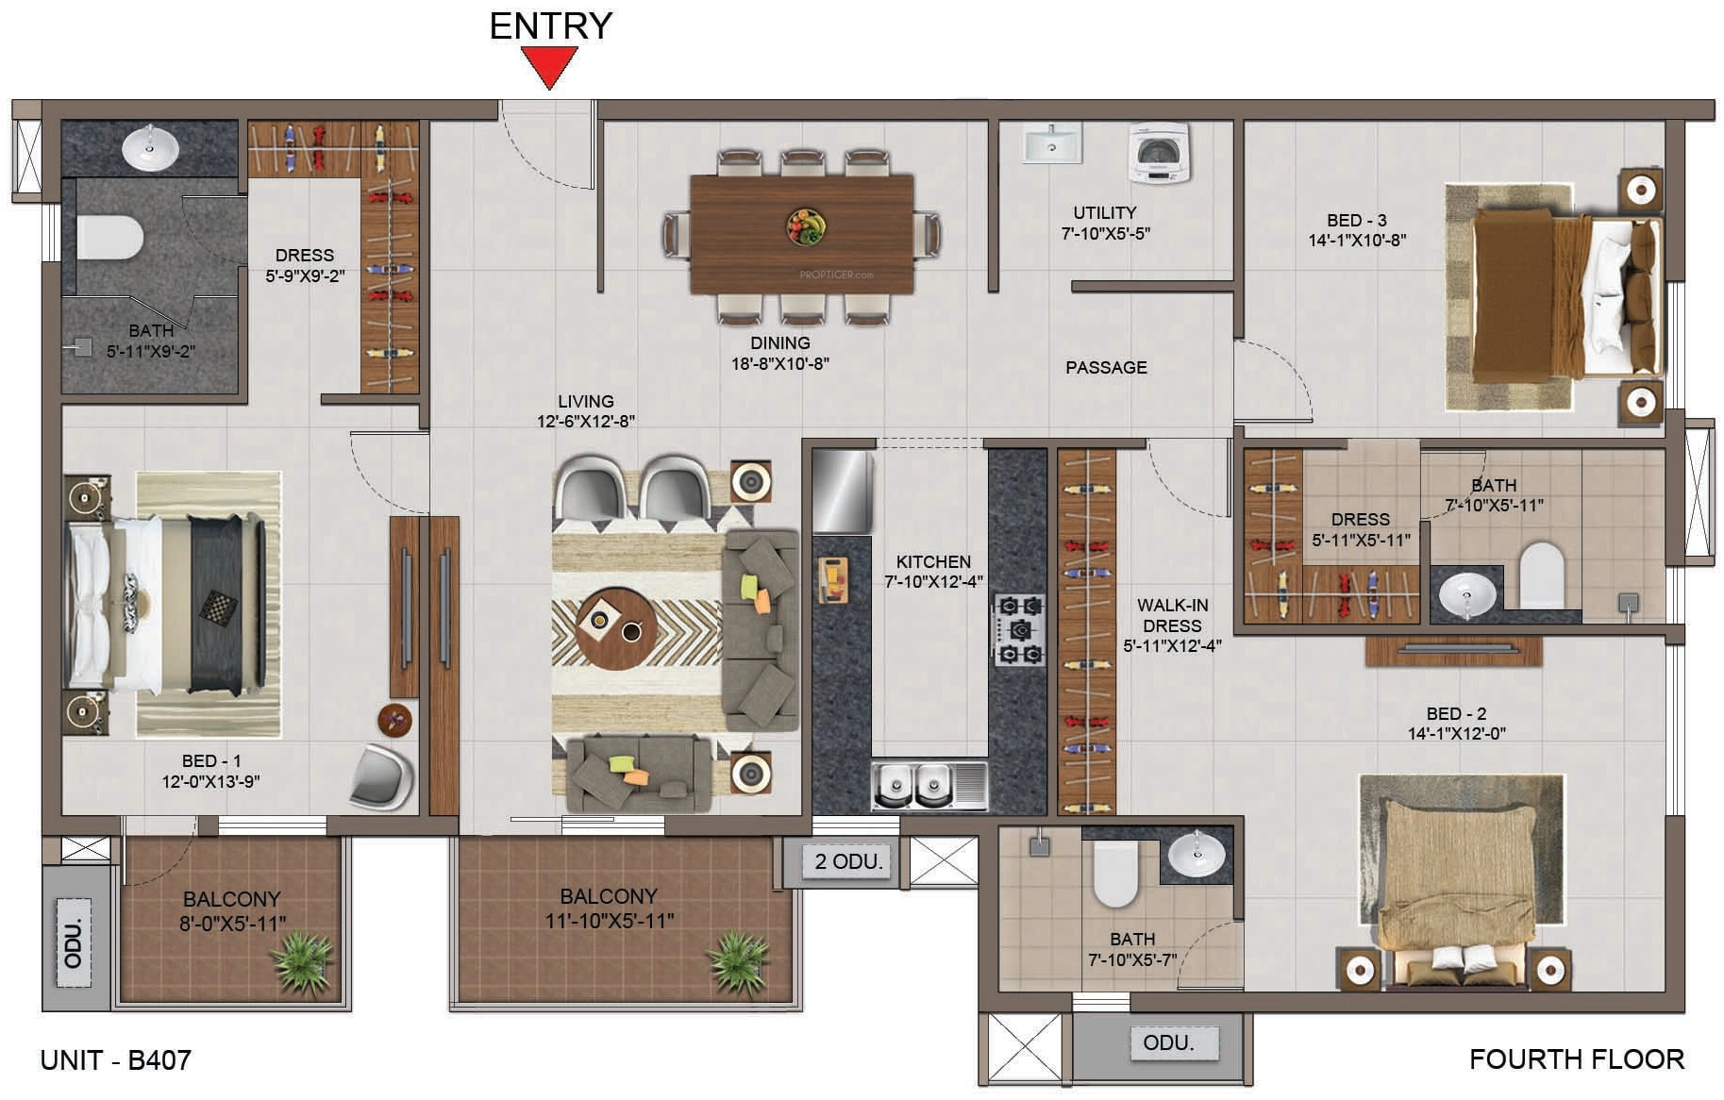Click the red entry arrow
[550, 67]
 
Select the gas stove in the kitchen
[1019, 629]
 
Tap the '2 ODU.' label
[847, 861]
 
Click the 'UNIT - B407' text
[115, 1060]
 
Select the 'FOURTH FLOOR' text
[1576, 1059]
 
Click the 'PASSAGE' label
[1106, 368]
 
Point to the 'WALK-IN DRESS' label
[1172, 615]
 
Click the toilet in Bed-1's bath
[108, 237]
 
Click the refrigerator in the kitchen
[842, 492]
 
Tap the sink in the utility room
[1051, 145]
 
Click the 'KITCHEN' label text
[932, 561]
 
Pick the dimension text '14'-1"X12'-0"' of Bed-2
[1456, 733]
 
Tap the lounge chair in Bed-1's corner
[383, 777]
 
